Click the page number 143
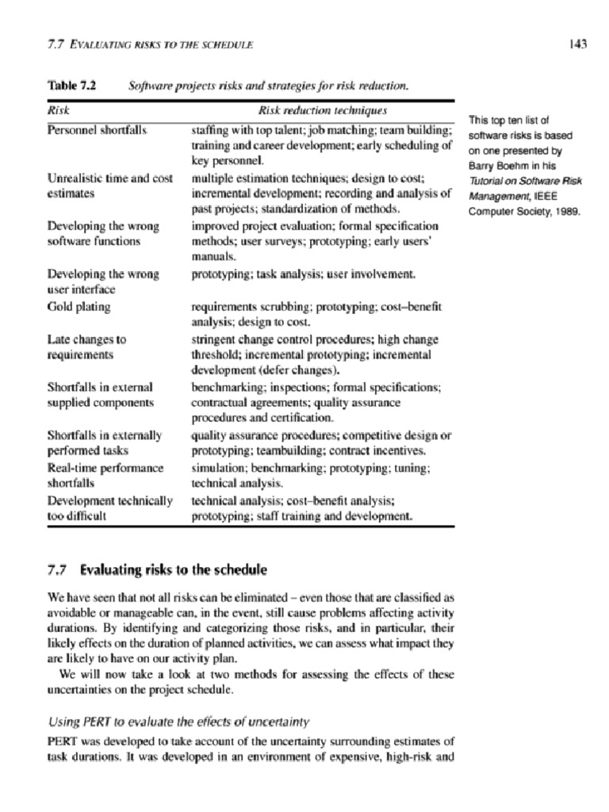pos(577,44)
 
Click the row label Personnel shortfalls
pos(97,129)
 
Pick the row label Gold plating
pos(79,306)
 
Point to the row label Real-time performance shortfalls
pos(105,475)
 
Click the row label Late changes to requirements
pos(86,347)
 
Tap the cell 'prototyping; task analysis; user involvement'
pos(303,274)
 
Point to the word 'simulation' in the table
pos(217,468)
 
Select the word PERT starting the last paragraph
pos(63,741)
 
